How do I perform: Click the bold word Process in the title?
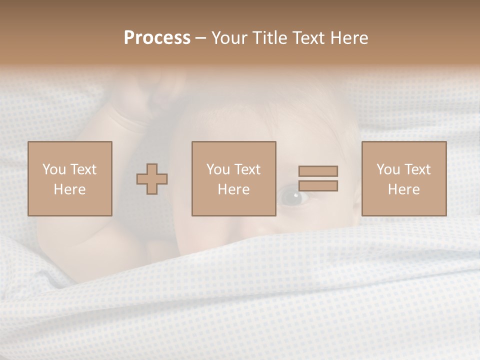click(157, 38)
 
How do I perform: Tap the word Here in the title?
click(349, 38)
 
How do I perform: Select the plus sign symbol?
click(152, 178)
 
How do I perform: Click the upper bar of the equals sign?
click(318, 171)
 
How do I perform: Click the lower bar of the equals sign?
click(318, 185)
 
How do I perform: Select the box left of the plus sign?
click(70, 178)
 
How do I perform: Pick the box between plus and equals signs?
click(234, 178)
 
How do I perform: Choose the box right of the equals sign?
click(404, 178)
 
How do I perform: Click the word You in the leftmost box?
click(54, 169)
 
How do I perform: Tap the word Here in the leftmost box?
click(70, 189)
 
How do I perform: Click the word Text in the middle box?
click(247, 169)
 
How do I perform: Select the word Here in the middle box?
click(234, 189)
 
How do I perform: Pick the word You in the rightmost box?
click(388, 169)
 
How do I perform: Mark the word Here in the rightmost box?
click(404, 189)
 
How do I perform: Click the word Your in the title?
click(229, 38)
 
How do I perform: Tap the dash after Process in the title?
click(201, 38)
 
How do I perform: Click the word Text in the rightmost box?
click(417, 169)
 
